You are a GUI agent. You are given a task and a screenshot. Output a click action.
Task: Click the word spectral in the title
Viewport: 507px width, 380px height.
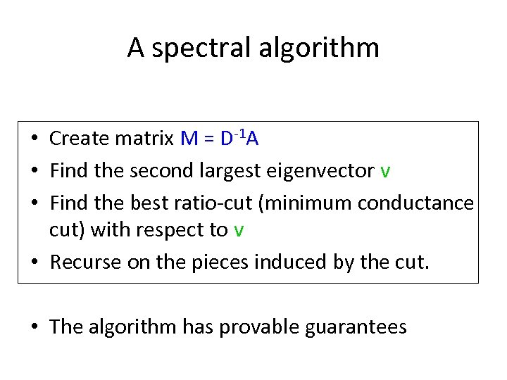199,48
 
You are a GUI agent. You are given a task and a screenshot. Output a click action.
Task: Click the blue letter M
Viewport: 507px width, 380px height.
189,139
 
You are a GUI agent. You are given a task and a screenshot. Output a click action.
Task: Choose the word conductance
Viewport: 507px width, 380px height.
416,203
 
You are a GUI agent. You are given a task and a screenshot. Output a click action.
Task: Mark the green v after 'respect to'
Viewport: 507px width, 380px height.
239,232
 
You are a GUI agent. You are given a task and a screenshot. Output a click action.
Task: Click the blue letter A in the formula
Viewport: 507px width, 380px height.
253,139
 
